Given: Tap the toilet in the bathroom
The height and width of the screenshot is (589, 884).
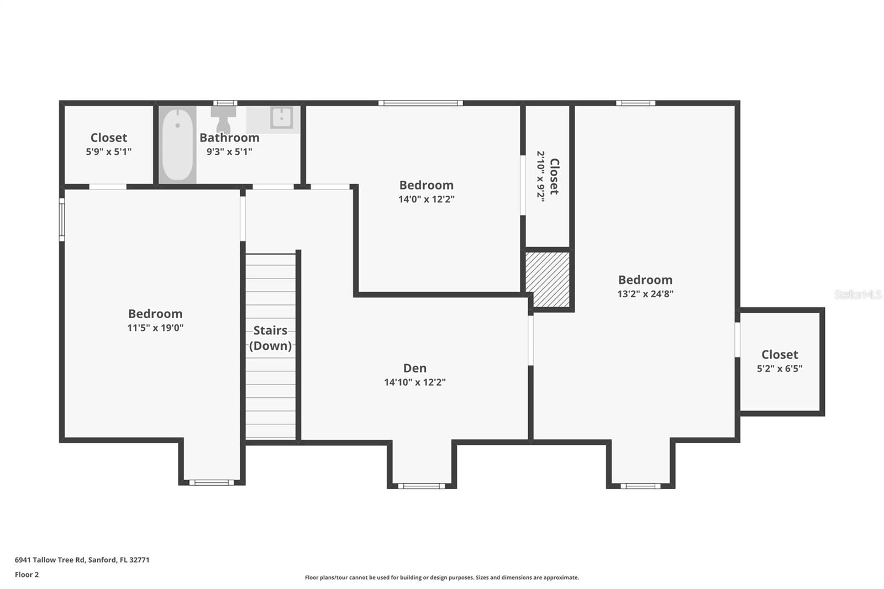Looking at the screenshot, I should point(223,119).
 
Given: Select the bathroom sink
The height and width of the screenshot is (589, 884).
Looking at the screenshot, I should point(281,118).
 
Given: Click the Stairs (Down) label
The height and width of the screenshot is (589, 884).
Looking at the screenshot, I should point(270,338).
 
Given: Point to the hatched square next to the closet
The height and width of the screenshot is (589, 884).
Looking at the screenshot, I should point(547,280).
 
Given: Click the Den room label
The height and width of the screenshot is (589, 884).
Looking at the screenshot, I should point(414,368).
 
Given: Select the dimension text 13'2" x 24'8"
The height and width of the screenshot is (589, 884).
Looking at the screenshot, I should point(645,294).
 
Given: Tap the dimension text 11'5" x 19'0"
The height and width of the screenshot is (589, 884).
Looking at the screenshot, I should point(155,328).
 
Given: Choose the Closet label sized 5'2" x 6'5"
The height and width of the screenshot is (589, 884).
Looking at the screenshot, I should point(780,355).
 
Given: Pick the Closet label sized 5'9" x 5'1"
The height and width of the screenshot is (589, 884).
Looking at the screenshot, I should point(109,138).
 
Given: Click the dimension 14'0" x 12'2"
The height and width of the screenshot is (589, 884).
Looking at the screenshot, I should point(426,199).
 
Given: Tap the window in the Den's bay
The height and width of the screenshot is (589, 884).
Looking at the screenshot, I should point(421,486).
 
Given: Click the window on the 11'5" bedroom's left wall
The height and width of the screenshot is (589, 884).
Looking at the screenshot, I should point(62,220).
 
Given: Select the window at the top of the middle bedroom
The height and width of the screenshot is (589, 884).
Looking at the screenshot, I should point(420,103).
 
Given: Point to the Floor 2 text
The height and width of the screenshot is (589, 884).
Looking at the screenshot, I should point(27,575).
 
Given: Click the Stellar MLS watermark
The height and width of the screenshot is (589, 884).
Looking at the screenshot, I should point(857,294).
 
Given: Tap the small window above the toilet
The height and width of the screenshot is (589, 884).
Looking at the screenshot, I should point(225,103).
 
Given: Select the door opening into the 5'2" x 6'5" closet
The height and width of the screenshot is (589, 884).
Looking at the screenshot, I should point(737,340).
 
